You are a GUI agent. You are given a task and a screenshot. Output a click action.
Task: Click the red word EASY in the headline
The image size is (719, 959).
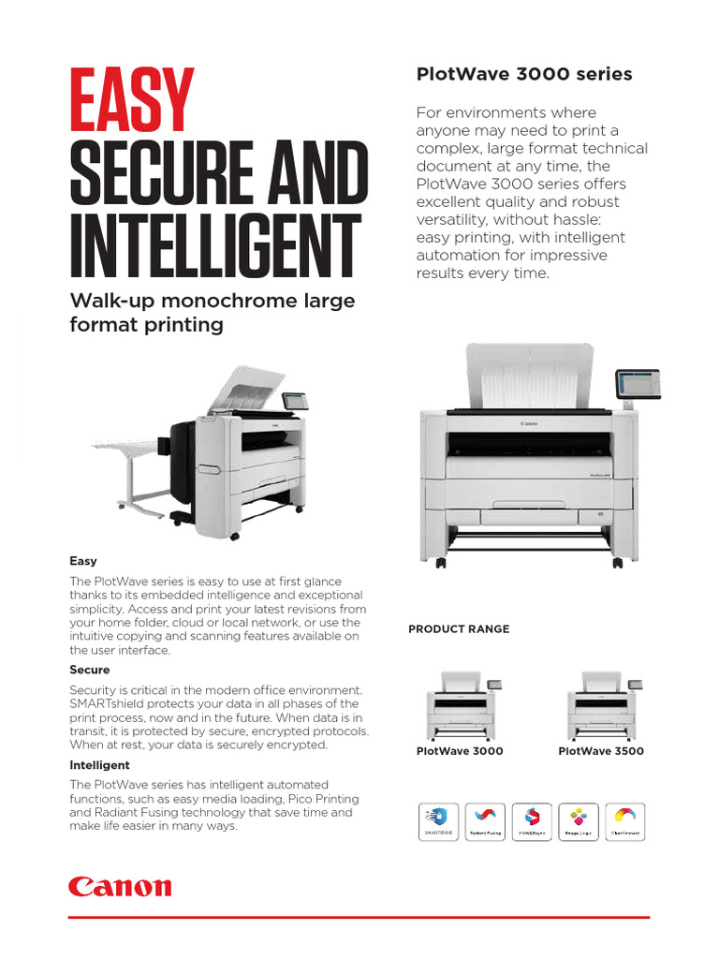[x=132, y=102]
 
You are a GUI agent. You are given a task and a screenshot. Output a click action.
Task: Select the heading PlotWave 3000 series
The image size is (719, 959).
[x=523, y=74]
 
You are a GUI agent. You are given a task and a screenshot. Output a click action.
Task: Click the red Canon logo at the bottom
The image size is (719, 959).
[x=120, y=887]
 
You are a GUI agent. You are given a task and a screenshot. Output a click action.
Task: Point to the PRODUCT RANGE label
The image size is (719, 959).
[x=459, y=629]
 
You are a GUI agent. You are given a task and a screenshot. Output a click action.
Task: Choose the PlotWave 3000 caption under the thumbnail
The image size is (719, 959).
[x=460, y=751]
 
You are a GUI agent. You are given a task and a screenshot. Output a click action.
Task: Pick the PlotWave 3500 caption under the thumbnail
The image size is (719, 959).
[x=601, y=751]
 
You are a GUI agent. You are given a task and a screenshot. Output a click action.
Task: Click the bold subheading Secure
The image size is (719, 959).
[x=90, y=670]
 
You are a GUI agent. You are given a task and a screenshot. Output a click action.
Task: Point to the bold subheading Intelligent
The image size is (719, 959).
[x=99, y=765]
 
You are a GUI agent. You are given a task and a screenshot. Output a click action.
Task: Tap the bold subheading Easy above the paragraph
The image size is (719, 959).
[x=83, y=561]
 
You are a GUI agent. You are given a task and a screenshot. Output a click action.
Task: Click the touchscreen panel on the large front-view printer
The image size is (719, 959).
[x=637, y=383]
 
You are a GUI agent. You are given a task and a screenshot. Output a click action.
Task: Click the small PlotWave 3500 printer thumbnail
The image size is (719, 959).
[x=601, y=705]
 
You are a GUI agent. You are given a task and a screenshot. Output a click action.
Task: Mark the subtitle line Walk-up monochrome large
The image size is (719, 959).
[x=213, y=301]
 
